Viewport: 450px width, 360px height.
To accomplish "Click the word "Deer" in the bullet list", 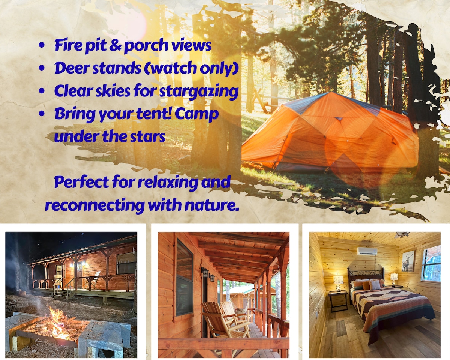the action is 72,68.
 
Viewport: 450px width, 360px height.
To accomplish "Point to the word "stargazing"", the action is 199,91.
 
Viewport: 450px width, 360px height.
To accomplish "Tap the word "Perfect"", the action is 81,182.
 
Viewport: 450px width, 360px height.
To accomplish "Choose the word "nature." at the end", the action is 212,205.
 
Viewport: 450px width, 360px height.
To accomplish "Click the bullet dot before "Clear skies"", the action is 42,91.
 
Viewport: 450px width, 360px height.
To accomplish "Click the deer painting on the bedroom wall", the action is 408,261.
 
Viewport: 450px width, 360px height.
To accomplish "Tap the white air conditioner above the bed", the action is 367,251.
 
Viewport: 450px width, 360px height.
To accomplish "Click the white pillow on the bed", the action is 375,285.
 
